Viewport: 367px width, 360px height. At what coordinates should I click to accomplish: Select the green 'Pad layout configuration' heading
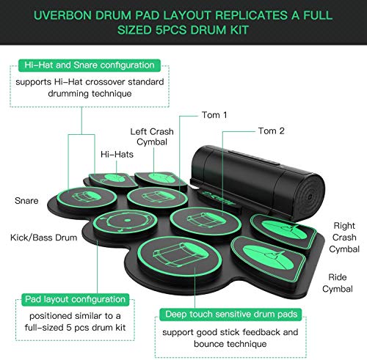tap(65, 299)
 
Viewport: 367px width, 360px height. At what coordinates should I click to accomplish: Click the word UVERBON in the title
tap(74, 15)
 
